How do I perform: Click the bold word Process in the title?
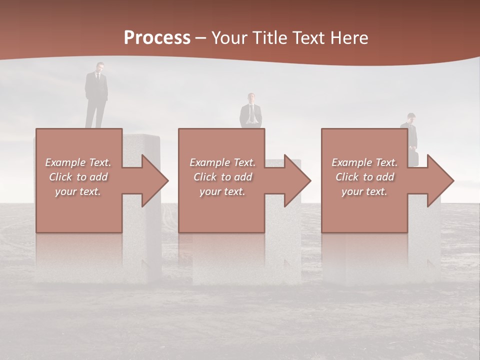pyautogui.click(x=157, y=37)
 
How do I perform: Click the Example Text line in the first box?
pyautogui.click(x=78, y=162)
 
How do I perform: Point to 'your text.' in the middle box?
pyautogui.click(x=222, y=191)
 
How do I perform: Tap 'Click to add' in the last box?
pyautogui.click(x=364, y=177)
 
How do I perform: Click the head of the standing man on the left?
pyautogui.click(x=100, y=67)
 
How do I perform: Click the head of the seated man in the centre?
pyautogui.click(x=251, y=97)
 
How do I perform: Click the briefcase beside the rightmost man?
pyautogui.click(x=414, y=156)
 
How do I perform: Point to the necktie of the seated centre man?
pyautogui.click(x=251, y=112)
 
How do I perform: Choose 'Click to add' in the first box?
pyautogui.click(x=78, y=177)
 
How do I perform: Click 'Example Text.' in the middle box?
pyautogui.click(x=222, y=162)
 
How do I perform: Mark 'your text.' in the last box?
pyautogui.click(x=364, y=191)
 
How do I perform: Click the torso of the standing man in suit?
pyautogui.click(x=96, y=86)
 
